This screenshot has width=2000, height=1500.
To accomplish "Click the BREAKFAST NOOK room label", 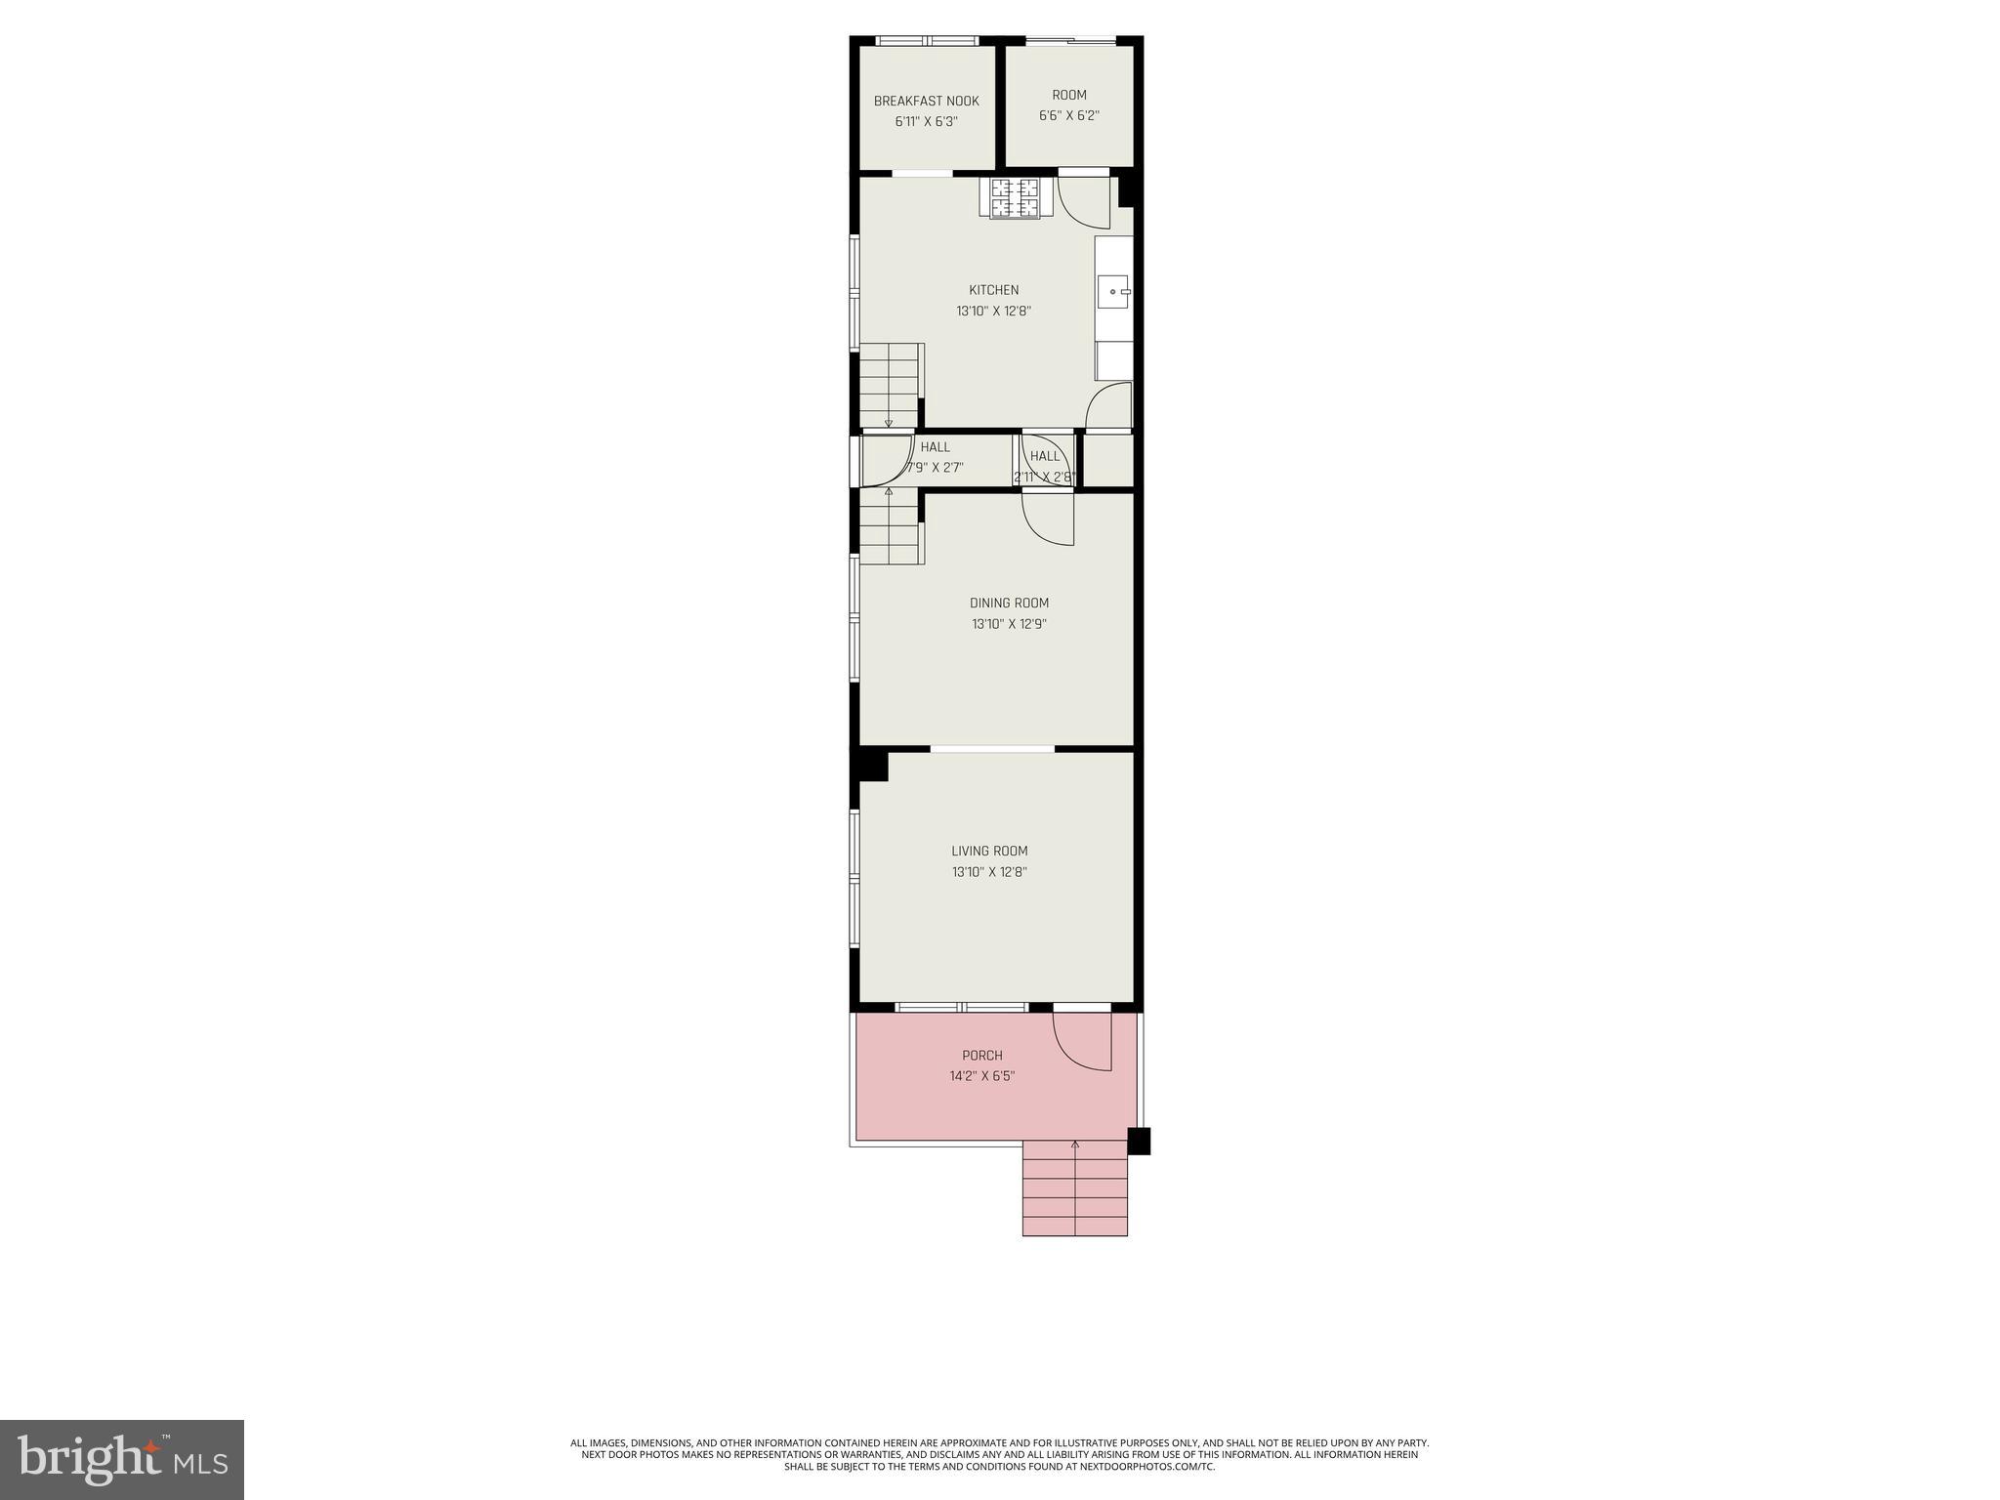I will (x=926, y=102).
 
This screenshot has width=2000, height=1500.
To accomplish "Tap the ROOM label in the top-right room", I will (x=1068, y=96).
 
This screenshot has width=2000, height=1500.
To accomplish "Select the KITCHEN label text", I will (x=993, y=290).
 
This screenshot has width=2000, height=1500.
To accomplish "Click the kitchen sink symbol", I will (x=1113, y=291).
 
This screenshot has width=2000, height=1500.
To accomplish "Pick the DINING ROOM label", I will (x=1009, y=604).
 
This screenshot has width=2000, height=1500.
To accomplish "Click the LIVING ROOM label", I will (x=989, y=852).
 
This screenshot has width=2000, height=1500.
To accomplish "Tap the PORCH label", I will (x=981, y=1056).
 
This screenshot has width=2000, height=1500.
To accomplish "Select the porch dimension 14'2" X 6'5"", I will (x=982, y=1077).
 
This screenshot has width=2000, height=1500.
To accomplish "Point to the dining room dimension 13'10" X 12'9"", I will (x=1009, y=625).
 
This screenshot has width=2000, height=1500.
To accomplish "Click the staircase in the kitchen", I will (x=890, y=384).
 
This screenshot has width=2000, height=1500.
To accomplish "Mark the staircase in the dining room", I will (x=890, y=525).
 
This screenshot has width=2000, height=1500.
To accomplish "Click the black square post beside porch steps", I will (x=1139, y=1141).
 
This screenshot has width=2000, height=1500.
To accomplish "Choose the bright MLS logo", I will (x=121, y=1460).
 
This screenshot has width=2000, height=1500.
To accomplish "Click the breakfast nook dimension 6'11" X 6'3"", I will (x=926, y=123).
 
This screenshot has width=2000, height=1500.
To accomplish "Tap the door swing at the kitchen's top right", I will (x=1083, y=202).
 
